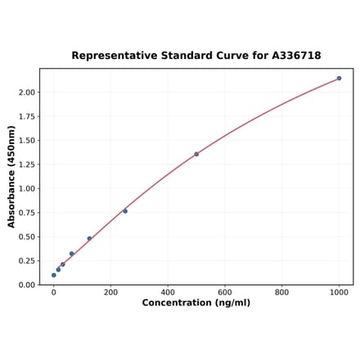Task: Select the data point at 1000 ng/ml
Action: tap(339, 79)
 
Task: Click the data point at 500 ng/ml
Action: tap(196, 154)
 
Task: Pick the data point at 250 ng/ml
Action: tap(125, 211)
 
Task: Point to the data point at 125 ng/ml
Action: tap(89, 238)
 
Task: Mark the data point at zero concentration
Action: tap(54, 275)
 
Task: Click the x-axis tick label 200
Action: tap(110, 291)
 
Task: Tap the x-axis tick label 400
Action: tap(168, 291)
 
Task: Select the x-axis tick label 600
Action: tap(225, 291)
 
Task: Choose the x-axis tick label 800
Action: tap(281, 291)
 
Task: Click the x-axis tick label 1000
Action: tap(339, 291)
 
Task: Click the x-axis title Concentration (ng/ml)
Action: tap(196, 303)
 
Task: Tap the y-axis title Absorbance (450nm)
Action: tap(11, 176)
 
